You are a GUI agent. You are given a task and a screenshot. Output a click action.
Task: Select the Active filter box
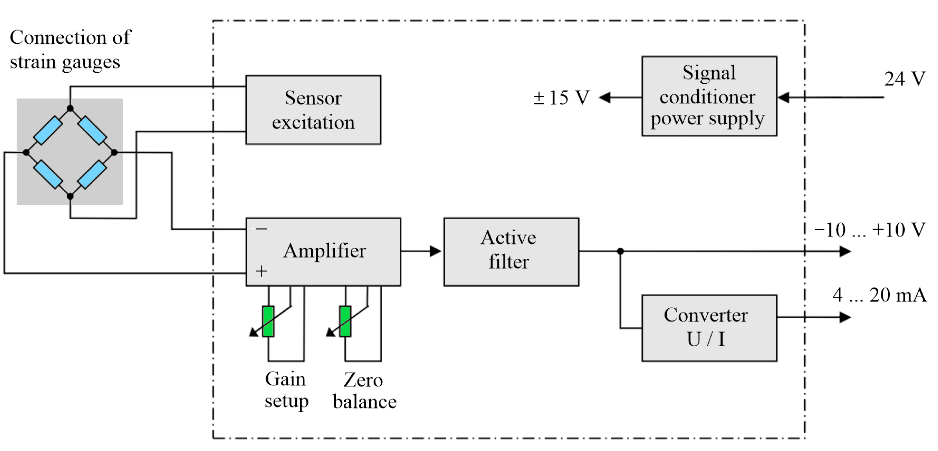[x=511, y=252]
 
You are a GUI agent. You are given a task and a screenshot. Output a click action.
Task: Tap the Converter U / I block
[x=709, y=328]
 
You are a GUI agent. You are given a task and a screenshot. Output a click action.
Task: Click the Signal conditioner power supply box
[x=709, y=96]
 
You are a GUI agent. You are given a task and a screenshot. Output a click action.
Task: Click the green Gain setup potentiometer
[x=268, y=321]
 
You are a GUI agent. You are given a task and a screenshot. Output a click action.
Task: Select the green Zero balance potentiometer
[x=345, y=321]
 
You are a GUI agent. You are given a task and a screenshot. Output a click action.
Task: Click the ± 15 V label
[x=561, y=98]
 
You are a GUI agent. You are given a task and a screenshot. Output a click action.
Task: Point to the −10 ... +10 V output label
[x=869, y=230]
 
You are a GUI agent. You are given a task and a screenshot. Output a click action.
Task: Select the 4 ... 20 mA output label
[x=879, y=295]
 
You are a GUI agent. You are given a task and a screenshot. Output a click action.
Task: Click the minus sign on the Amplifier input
[x=261, y=229]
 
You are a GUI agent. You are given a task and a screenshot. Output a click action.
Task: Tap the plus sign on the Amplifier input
[x=261, y=271]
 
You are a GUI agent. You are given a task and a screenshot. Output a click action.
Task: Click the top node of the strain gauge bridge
[x=70, y=108]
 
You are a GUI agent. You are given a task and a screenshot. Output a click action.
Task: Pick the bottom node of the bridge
[x=70, y=196]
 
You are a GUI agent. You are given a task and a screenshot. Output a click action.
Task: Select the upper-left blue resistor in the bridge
[x=48, y=130]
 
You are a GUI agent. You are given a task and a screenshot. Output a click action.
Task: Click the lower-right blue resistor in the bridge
[x=92, y=175]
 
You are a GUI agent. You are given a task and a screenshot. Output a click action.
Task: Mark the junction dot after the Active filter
[x=620, y=251]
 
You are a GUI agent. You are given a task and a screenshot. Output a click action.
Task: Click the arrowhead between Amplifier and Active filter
[x=435, y=251]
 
